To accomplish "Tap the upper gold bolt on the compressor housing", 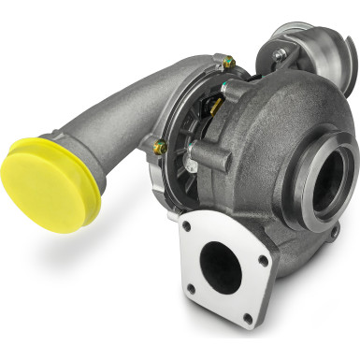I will click(227, 63).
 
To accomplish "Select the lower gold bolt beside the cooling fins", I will click(160, 147).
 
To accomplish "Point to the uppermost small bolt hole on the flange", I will click(188, 225).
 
